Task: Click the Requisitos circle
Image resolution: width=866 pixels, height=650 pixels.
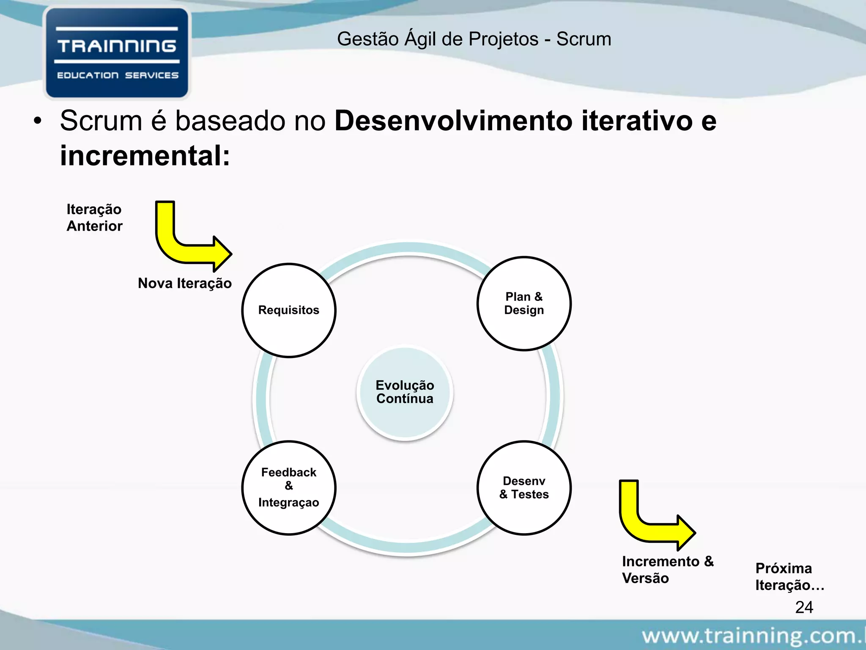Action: click(x=289, y=310)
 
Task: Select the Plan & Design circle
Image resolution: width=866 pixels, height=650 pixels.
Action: click(x=524, y=303)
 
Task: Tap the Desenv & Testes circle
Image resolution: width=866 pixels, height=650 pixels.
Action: click(x=524, y=488)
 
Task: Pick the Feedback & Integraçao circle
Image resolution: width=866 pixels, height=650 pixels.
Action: click(x=289, y=488)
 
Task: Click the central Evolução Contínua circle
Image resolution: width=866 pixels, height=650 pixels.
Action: click(x=405, y=392)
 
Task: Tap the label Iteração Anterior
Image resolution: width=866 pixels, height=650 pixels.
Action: click(x=94, y=218)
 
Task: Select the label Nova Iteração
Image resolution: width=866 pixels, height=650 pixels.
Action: click(x=185, y=283)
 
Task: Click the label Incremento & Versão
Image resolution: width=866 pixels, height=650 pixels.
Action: click(x=667, y=570)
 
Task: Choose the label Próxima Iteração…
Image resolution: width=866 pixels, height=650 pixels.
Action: click(x=789, y=576)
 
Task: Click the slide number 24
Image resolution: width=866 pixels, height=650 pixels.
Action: click(x=804, y=607)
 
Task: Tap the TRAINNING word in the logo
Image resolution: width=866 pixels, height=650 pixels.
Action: click(x=117, y=46)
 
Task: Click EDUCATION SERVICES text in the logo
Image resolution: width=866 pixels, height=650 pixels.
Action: click(x=118, y=75)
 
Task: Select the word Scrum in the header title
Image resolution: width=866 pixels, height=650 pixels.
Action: click(x=584, y=39)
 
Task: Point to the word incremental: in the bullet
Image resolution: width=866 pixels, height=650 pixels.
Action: click(x=145, y=156)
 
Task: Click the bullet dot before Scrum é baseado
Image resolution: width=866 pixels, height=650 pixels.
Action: click(x=38, y=121)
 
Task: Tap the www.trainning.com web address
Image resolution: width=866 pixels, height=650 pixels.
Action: click(x=753, y=635)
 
